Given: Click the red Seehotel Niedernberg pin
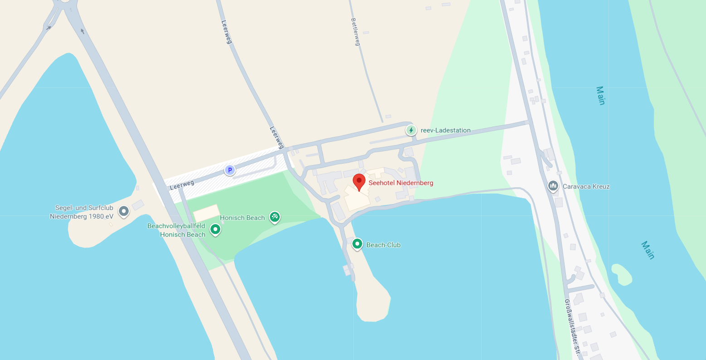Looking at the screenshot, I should point(359,182).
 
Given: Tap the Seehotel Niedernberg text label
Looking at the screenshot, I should point(401,183).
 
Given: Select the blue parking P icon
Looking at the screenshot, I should point(230,170).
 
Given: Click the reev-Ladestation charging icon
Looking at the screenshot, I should point(411,131).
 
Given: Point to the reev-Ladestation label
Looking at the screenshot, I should point(445,131).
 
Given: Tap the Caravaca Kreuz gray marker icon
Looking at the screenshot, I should point(553,186).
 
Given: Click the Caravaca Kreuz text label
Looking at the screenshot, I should point(586,186).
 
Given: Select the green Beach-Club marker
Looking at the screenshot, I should point(357,244).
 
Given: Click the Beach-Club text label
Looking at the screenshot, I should point(383,245).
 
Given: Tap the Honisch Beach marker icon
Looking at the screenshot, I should point(274,217).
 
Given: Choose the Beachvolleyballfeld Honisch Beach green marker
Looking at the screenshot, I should point(215,229).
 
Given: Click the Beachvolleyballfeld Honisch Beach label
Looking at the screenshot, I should point(176,230).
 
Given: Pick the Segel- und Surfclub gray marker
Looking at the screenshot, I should point(123,211).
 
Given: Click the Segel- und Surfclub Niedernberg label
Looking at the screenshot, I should point(82,212).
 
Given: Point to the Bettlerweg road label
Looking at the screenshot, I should point(355,32).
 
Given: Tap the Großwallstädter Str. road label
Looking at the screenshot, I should point(572,326).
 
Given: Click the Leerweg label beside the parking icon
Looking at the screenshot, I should point(182,185).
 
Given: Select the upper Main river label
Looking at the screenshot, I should point(600,95).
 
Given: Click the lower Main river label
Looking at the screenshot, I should point(648,250).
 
